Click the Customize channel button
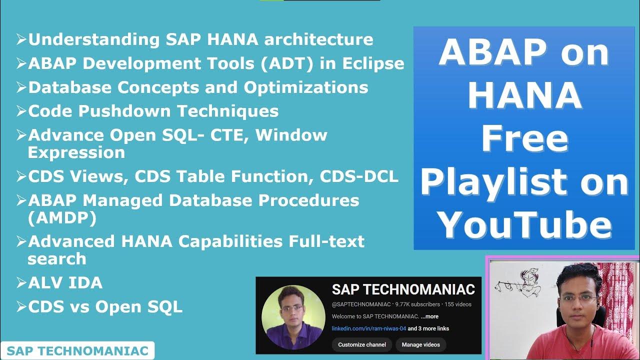(x=362, y=344)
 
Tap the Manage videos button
(x=420, y=344)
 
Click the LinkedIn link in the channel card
(x=369, y=328)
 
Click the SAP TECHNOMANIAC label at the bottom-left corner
(x=77, y=351)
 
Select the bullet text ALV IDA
(x=65, y=282)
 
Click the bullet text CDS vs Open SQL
(x=105, y=306)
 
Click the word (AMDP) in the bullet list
(x=62, y=218)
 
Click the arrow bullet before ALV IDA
(x=21, y=282)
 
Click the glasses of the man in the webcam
(x=578, y=298)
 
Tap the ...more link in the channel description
(x=429, y=316)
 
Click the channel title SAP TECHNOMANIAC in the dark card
(x=403, y=289)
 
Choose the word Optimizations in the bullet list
(x=306, y=87)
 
